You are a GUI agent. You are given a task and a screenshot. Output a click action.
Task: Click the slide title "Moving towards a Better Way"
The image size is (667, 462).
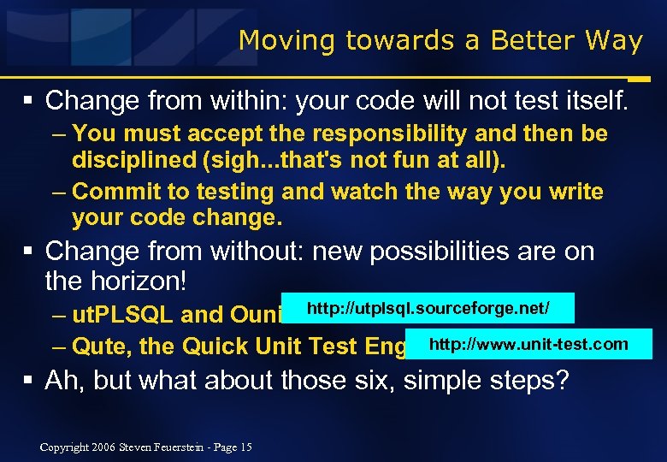(x=440, y=40)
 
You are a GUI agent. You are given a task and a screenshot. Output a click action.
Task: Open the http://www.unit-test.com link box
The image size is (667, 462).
(x=528, y=345)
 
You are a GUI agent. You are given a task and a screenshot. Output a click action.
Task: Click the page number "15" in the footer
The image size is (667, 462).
(x=246, y=446)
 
